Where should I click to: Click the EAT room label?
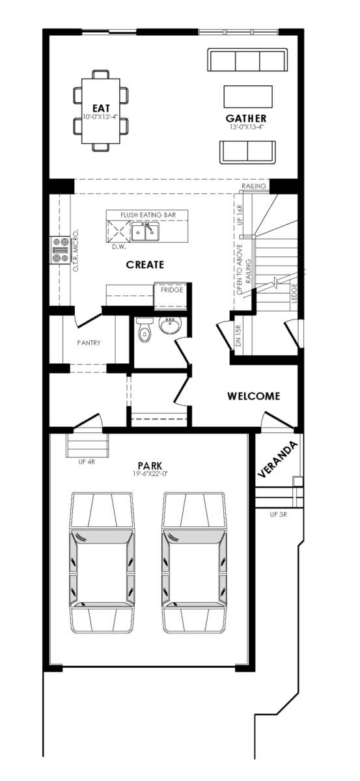pos(101,109)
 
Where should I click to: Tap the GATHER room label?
pos(246,118)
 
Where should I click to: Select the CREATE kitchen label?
pos(145,265)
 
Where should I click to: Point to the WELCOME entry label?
pos(254,396)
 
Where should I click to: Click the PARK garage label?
pos(150,465)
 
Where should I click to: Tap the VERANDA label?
pos(278,459)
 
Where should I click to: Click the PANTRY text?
pos(89,343)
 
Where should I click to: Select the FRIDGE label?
pos(172,290)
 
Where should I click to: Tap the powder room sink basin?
pos(170,325)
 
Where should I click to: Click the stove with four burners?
pos(61,250)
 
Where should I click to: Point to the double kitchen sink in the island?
pos(145,232)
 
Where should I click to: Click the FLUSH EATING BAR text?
pos(148,215)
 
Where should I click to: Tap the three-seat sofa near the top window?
pos(247,60)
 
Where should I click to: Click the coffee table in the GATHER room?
pos(248,96)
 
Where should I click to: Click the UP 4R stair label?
pos(87,462)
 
